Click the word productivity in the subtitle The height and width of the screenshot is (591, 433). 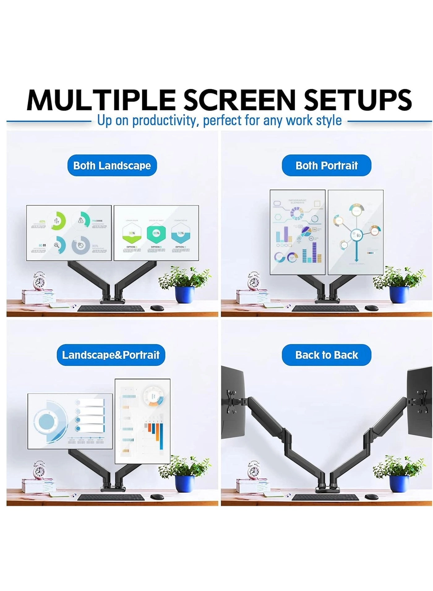tap(164, 120)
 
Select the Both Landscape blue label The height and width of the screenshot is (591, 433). tap(112, 166)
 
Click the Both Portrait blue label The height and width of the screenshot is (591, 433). tap(326, 166)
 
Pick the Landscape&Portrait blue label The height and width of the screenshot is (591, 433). tap(111, 355)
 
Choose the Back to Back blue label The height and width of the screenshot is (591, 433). tap(326, 355)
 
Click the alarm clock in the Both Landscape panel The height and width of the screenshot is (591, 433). tap(39, 281)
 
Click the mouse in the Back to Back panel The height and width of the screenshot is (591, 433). tap(371, 497)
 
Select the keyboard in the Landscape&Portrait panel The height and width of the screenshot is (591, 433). tap(111, 497)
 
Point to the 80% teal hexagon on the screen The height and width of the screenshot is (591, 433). tap(156, 233)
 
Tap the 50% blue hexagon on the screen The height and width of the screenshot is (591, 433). tap(181, 233)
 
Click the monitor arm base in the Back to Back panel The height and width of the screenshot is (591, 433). tap(327, 489)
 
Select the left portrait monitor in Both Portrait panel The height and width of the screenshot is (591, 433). tap(298, 232)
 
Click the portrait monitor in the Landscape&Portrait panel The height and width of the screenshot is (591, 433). tap(143, 421)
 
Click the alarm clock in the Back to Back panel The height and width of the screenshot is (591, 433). tap(254, 471)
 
